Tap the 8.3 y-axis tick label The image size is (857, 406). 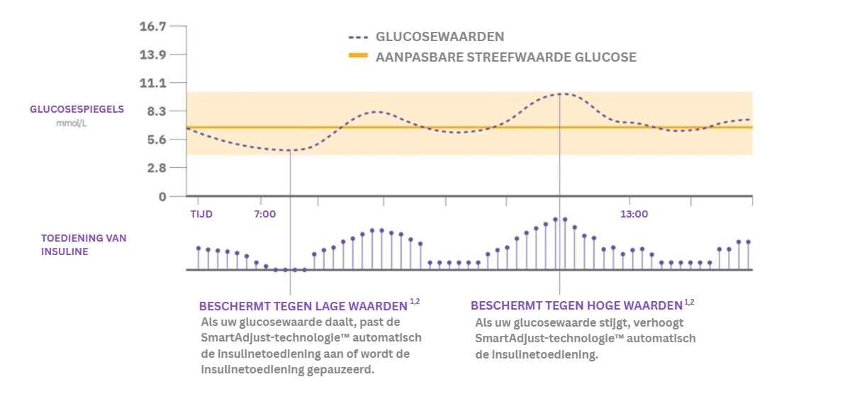tap(156, 111)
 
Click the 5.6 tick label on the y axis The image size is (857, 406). tap(156, 140)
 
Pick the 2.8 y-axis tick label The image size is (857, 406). tap(156, 168)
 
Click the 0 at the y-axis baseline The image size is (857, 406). tap(162, 196)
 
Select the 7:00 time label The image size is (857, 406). tap(264, 214)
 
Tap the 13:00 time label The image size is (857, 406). tap(634, 214)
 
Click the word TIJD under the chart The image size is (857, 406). tap(201, 214)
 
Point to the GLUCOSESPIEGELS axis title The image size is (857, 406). tap(77, 109)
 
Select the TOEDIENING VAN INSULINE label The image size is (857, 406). tap(84, 244)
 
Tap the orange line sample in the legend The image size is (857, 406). tap(359, 57)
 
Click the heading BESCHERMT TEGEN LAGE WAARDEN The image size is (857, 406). tap(303, 306)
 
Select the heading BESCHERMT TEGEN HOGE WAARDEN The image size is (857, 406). tap(576, 306)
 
